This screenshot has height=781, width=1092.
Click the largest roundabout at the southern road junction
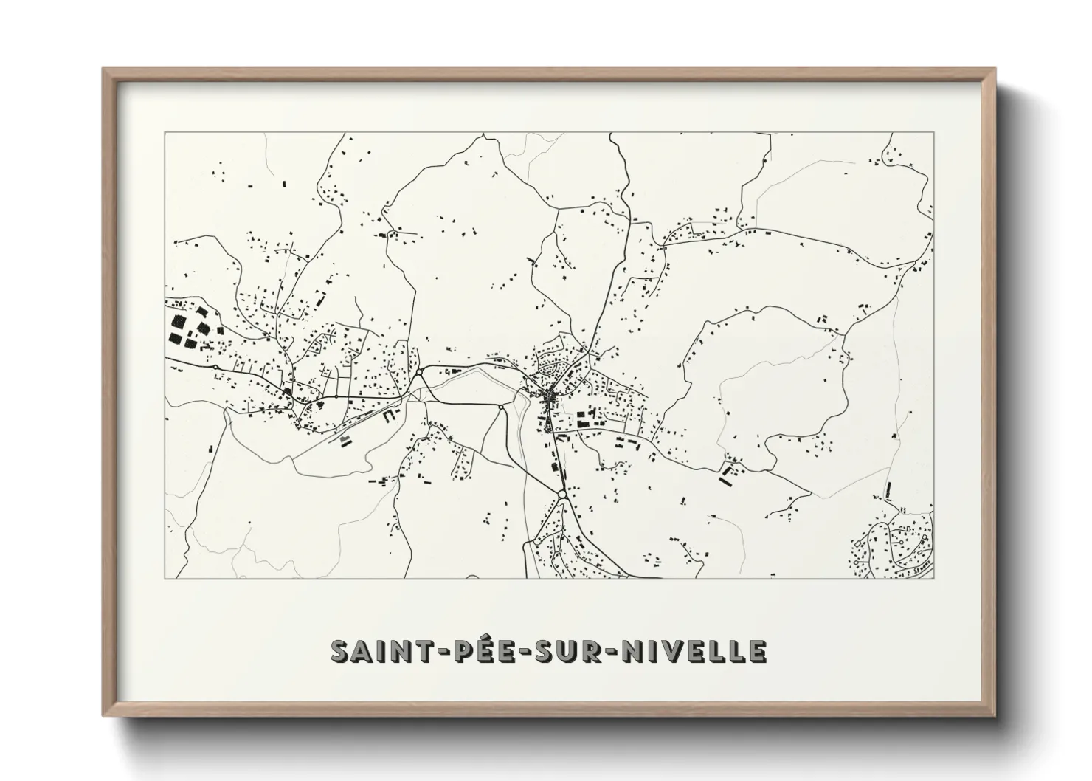point(561,494)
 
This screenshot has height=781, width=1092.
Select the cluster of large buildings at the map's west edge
point(188,329)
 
